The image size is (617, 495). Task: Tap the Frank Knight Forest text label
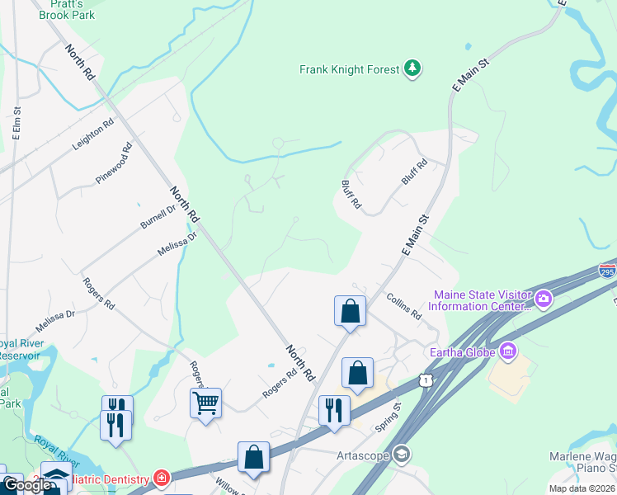[349, 70]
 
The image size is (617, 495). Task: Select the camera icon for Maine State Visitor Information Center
[544, 298]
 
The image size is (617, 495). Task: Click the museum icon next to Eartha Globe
[507, 352]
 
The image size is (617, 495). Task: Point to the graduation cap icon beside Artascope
[401, 455]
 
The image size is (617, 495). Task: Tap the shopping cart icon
[205, 403]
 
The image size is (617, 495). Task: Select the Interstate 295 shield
[607, 271]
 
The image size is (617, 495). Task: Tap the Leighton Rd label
[92, 133]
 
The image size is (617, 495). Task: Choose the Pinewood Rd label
[114, 164]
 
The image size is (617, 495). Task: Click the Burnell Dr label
[158, 216]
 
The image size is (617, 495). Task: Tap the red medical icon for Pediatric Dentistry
[162, 478]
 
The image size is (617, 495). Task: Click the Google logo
[27, 485]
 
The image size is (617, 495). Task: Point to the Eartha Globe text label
[462, 352]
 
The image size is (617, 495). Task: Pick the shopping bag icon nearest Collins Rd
[351, 311]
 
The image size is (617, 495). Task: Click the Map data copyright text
[582, 488]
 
